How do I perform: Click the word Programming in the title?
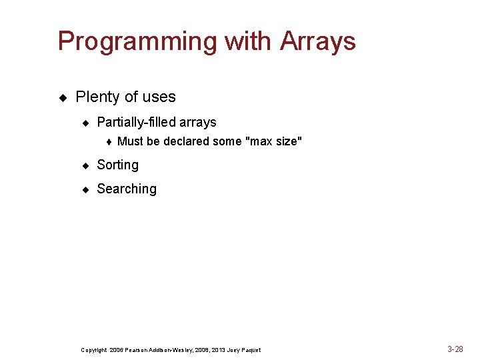pos(137,41)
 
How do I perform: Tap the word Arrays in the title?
pos(318,41)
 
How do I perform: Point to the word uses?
pos(159,97)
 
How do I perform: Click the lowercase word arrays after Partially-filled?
pos(199,123)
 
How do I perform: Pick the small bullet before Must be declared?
pos(109,141)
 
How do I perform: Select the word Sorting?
pos(117,165)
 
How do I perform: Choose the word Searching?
pos(127,189)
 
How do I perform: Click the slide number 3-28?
pos(455,349)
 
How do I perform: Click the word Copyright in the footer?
pos(93,350)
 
